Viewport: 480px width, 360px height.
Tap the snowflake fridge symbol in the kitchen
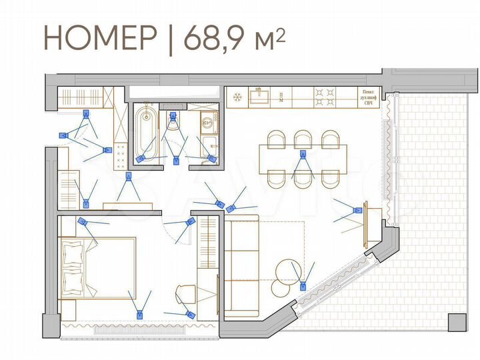(236, 97)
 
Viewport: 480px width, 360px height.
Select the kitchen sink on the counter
(259, 97)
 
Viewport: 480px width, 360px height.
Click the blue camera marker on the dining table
(303, 157)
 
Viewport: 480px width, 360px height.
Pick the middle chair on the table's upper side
(303, 139)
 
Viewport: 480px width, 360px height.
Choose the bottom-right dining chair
(331, 179)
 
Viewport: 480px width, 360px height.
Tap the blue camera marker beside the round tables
(303, 287)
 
